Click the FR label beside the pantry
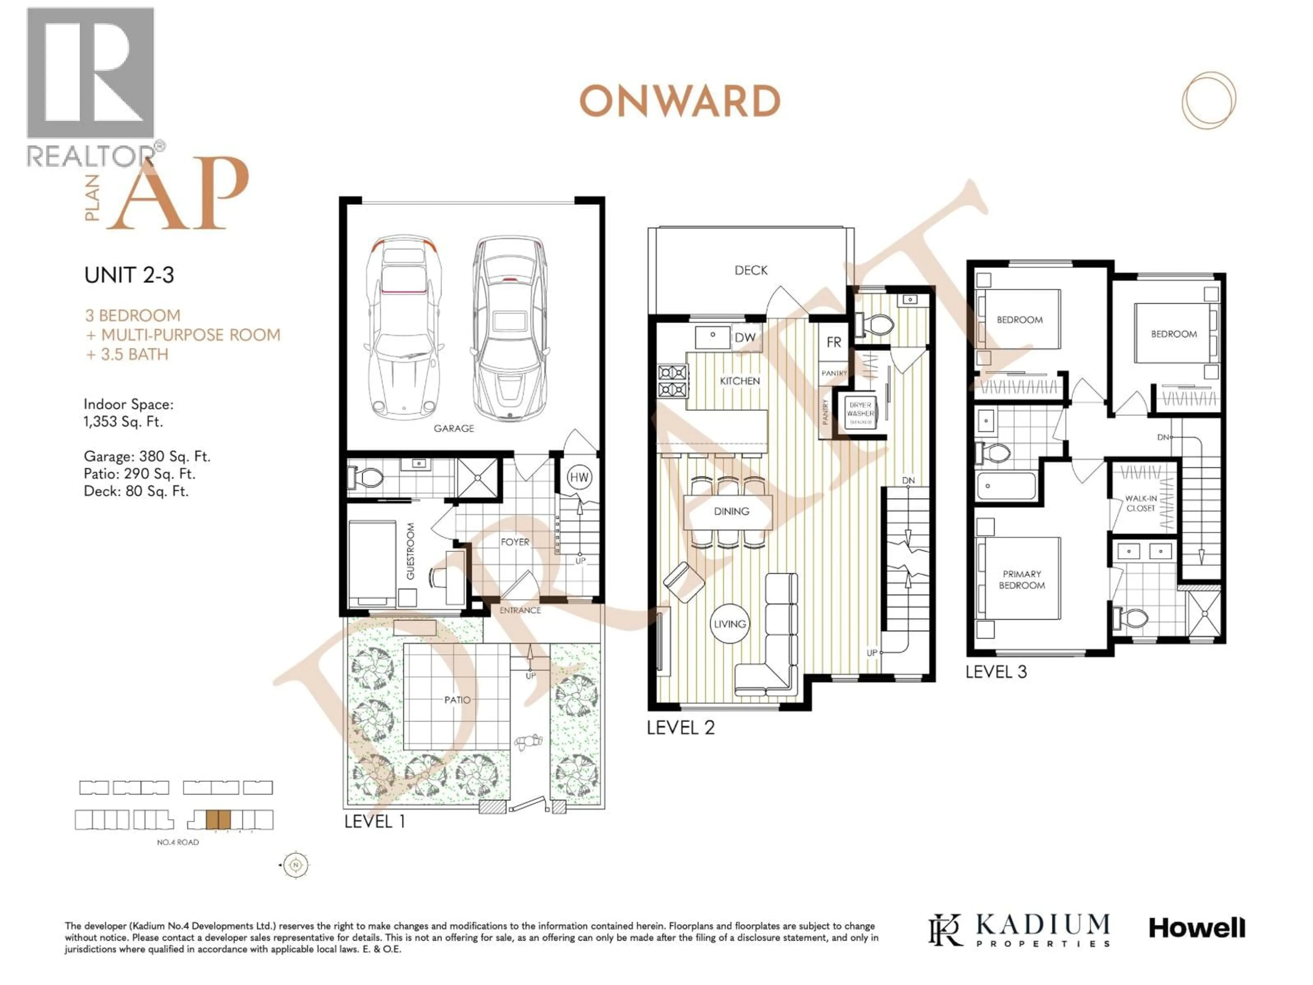pyautogui.click(x=833, y=342)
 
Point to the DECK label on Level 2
pyautogui.click(x=751, y=270)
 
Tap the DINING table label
pyautogui.click(x=731, y=511)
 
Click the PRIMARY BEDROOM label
pyautogui.click(x=1022, y=579)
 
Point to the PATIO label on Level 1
pyautogui.click(x=457, y=700)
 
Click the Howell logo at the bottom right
pyautogui.click(x=1197, y=928)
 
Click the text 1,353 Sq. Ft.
pyautogui.click(x=123, y=422)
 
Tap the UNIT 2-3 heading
pyautogui.click(x=129, y=275)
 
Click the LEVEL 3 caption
pyautogui.click(x=995, y=671)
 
